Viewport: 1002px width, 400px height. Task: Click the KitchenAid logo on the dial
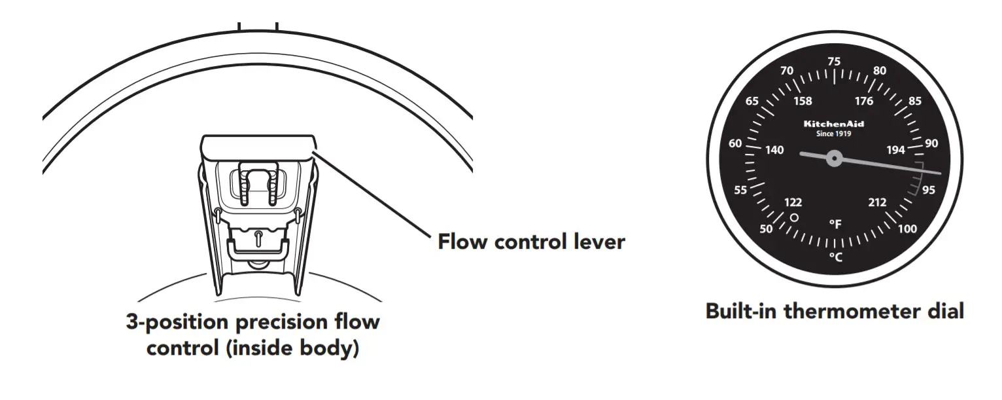[x=834, y=123]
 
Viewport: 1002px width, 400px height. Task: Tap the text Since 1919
[x=834, y=134]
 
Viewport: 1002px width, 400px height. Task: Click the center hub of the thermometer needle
[x=834, y=158]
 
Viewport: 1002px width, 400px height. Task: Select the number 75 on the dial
[x=834, y=62]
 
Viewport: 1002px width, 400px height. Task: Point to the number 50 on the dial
[x=766, y=228]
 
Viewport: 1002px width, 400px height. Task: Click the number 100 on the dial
[x=907, y=228]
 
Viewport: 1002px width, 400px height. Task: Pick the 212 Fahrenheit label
[x=877, y=202]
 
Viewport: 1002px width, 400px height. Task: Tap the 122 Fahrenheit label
[x=792, y=202]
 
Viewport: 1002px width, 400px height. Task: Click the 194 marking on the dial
[x=895, y=151]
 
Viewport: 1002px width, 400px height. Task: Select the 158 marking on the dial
[x=803, y=101]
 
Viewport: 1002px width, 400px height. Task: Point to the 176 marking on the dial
[x=864, y=101]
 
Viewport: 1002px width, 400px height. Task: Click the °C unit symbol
[x=835, y=257]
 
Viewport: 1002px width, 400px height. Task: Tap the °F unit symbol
[x=835, y=225]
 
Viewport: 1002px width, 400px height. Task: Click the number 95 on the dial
[x=928, y=190]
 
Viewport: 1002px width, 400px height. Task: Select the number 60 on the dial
[x=735, y=143]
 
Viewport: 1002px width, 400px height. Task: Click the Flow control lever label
[x=531, y=242]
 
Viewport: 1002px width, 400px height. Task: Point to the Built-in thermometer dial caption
[x=835, y=311]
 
